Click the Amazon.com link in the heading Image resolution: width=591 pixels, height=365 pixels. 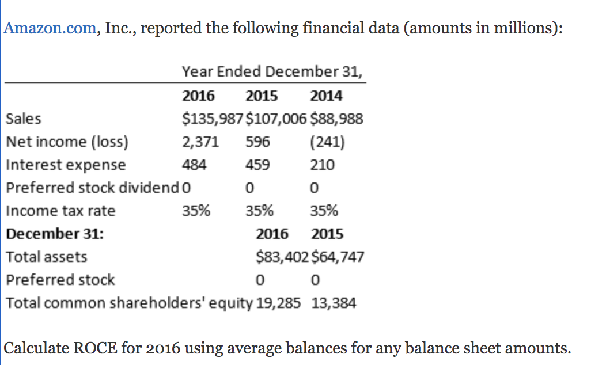(50, 28)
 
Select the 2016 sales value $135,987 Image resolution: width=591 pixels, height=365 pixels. (213, 119)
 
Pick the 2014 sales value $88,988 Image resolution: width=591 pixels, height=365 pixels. (337, 119)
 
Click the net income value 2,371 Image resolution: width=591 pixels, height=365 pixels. (200, 142)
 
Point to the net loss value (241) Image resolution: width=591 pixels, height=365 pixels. (327, 142)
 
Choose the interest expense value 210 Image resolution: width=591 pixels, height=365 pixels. (322, 165)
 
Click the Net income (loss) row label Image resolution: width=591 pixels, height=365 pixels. (67, 142)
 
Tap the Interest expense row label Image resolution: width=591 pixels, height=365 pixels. (65, 165)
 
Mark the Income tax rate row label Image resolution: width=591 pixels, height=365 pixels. (60, 211)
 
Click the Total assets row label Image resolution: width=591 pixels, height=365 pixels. (46, 257)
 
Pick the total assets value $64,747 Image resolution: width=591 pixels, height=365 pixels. (338, 257)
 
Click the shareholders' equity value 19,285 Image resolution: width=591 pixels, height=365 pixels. (278, 303)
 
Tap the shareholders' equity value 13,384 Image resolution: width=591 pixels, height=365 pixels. (334, 303)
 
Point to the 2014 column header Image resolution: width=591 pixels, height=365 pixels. (326, 96)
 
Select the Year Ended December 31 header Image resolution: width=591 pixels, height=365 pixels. (272, 72)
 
